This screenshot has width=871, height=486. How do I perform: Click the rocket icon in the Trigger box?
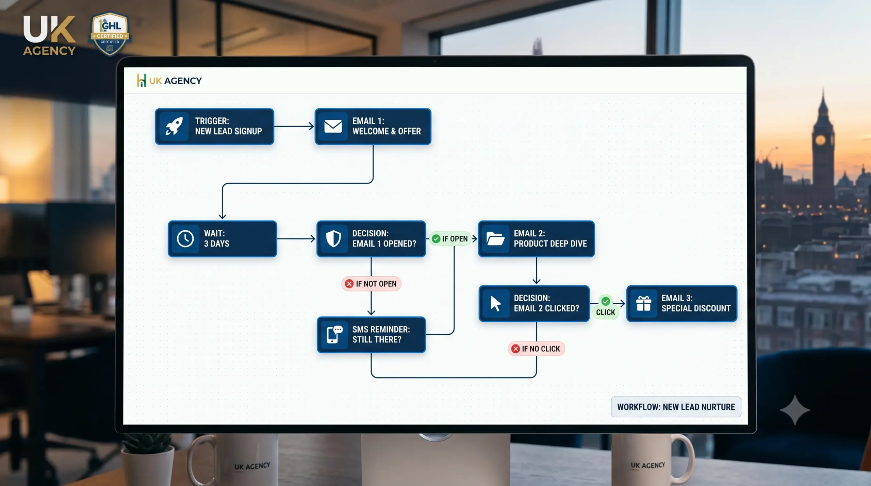click(174, 126)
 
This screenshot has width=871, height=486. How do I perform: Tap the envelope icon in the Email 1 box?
click(333, 126)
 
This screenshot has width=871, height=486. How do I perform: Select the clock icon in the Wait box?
click(185, 238)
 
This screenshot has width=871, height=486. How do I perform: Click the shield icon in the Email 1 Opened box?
click(333, 238)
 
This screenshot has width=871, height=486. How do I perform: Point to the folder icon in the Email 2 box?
click(495, 238)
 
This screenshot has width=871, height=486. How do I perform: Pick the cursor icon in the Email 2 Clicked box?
click(495, 303)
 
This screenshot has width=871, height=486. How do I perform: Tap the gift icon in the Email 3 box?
click(643, 303)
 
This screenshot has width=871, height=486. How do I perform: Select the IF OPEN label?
click(450, 239)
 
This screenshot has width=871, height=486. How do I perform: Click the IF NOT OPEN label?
click(371, 284)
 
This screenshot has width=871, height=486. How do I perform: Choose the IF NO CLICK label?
click(536, 349)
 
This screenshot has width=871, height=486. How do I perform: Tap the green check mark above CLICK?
click(606, 301)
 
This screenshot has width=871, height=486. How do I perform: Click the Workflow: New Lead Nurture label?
click(676, 407)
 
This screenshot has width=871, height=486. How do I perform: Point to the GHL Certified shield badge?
click(110, 34)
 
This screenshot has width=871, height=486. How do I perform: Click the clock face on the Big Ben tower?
click(820, 140)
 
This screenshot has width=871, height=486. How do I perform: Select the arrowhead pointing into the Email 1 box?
click(311, 126)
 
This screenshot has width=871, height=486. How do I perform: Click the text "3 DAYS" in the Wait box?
click(216, 244)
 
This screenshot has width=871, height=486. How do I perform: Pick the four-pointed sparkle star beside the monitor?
click(795, 410)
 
